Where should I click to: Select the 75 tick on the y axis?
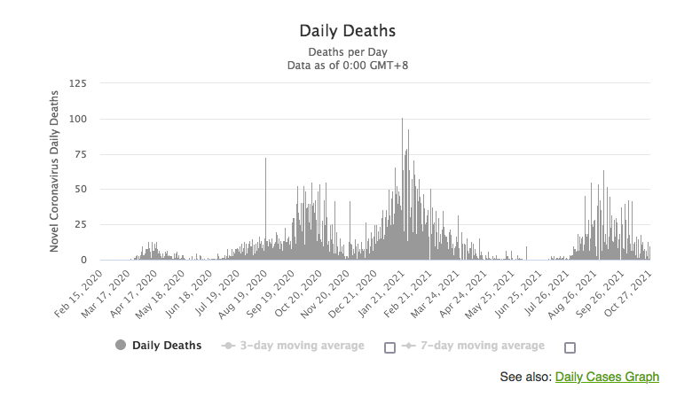[82, 154]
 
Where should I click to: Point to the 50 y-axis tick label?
[82, 190]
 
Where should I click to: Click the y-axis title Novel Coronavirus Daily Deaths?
[54, 181]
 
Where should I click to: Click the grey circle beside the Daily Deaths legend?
[121, 346]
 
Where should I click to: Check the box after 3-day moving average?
[389, 347]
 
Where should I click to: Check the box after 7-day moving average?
[570, 347]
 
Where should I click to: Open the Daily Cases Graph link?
[607, 378]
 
